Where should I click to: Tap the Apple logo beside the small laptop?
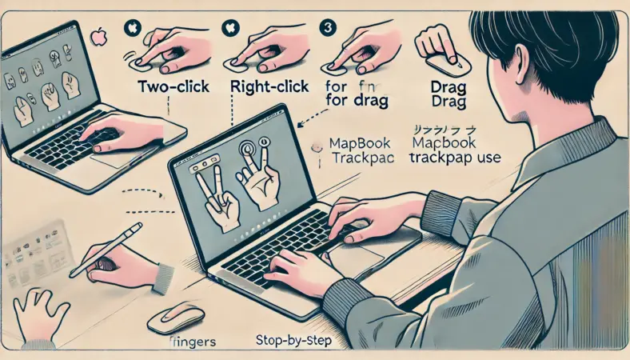tap(100, 37)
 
